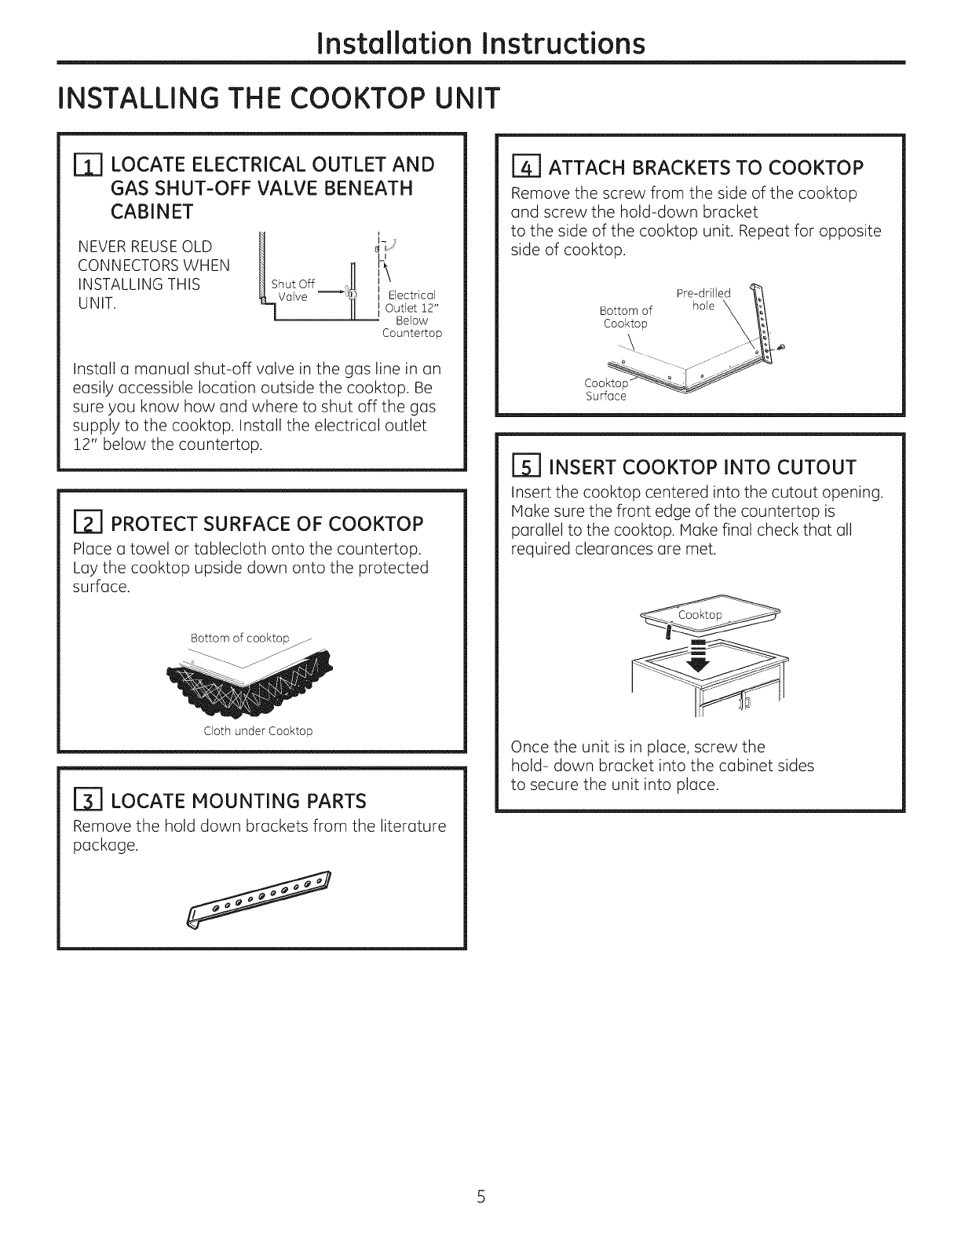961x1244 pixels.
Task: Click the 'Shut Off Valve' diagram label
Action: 291,291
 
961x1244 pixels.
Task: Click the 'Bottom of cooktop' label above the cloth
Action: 239,637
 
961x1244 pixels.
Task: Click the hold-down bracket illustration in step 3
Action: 260,898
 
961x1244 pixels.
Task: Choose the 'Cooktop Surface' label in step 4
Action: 606,390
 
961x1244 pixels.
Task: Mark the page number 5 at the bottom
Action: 481,1198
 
